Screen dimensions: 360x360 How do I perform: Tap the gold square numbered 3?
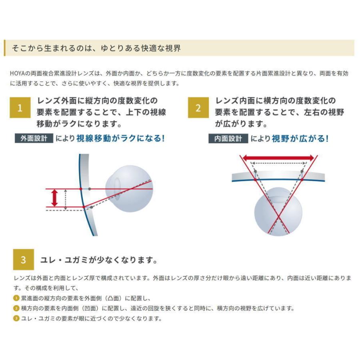pyautogui.click(x=23, y=260)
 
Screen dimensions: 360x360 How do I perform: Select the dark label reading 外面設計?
pyautogui.click(x=34, y=138)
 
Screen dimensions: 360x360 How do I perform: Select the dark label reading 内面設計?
pyautogui.click(x=228, y=138)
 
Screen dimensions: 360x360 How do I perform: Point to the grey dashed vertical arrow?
pyautogui.click(x=66, y=199)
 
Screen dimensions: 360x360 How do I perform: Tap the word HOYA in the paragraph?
pyautogui.click(x=19, y=74)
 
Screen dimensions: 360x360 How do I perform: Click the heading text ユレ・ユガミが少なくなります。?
pyautogui.click(x=98, y=260)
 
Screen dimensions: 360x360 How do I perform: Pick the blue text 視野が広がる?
pyautogui.click(x=300, y=138)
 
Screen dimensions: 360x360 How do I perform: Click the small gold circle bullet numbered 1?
pyautogui.click(x=16, y=298)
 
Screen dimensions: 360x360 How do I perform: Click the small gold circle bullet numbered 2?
pyautogui.click(x=16, y=308)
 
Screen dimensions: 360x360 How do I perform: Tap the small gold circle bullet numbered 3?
pyautogui.click(x=16, y=319)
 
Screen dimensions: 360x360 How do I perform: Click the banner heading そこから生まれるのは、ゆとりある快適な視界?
pyautogui.click(x=96, y=48)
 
